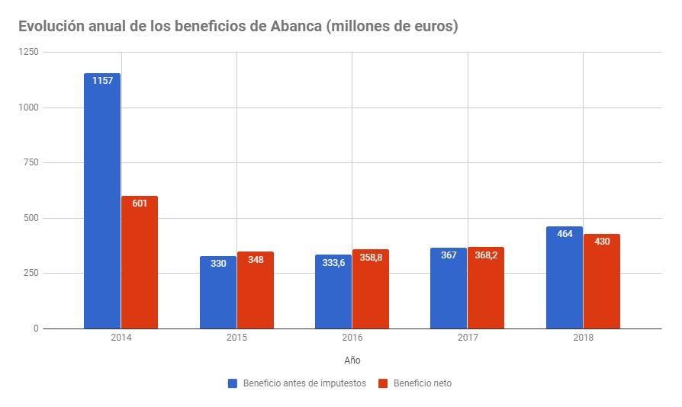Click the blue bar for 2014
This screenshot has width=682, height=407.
coord(102,201)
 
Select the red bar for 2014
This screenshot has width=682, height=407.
coord(140,262)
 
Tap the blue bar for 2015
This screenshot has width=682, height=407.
coord(218,293)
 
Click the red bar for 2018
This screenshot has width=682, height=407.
coord(602,281)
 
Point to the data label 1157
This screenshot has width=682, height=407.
coord(102,80)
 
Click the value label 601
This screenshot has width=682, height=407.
coord(140,203)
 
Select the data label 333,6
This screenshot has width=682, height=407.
coord(333,263)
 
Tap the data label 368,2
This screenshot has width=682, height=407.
coord(486,255)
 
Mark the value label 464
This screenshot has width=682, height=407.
coord(565,234)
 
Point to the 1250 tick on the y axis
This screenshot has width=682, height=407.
coord(30,52)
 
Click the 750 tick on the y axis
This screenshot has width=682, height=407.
coord(32,163)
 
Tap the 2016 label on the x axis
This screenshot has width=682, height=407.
coord(352,337)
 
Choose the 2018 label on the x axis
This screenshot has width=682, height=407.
coord(583,337)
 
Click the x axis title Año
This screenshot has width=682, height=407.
coord(352,359)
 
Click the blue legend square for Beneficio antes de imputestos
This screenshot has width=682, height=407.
coord(233,383)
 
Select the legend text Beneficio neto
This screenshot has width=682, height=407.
coord(422,383)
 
